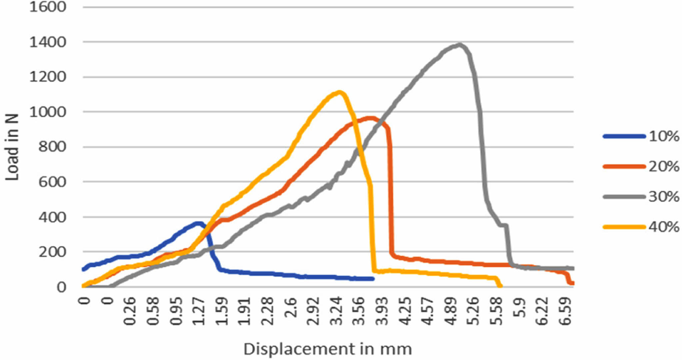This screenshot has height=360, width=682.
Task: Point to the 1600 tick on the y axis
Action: click(x=48, y=7)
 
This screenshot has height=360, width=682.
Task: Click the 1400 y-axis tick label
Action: click(x=48, y=42)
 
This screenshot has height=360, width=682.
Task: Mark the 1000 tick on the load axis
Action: click(x=48, y=112)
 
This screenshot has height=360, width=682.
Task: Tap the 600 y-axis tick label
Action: click(x=52, y=182)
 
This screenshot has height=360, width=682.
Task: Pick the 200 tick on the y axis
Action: click(x=52, y=252)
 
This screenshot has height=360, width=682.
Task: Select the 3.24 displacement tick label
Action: click(x=337, y=311)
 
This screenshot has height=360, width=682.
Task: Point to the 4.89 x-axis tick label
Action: click(x=451, y=311)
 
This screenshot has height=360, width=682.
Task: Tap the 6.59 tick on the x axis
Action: click(x=565, y=311)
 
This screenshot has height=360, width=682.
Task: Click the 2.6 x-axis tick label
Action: click(x=291, y=308)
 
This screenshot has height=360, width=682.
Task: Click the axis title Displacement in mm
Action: click(x=328, y=349)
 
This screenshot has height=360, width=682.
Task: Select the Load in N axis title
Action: click(x=12, y=147)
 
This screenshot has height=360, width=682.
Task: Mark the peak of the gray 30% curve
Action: click(x=460, y=44)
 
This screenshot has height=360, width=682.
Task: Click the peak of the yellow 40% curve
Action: click(x=339, y=92)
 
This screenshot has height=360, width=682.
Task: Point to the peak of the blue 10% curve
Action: click(x=199, y=223)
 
